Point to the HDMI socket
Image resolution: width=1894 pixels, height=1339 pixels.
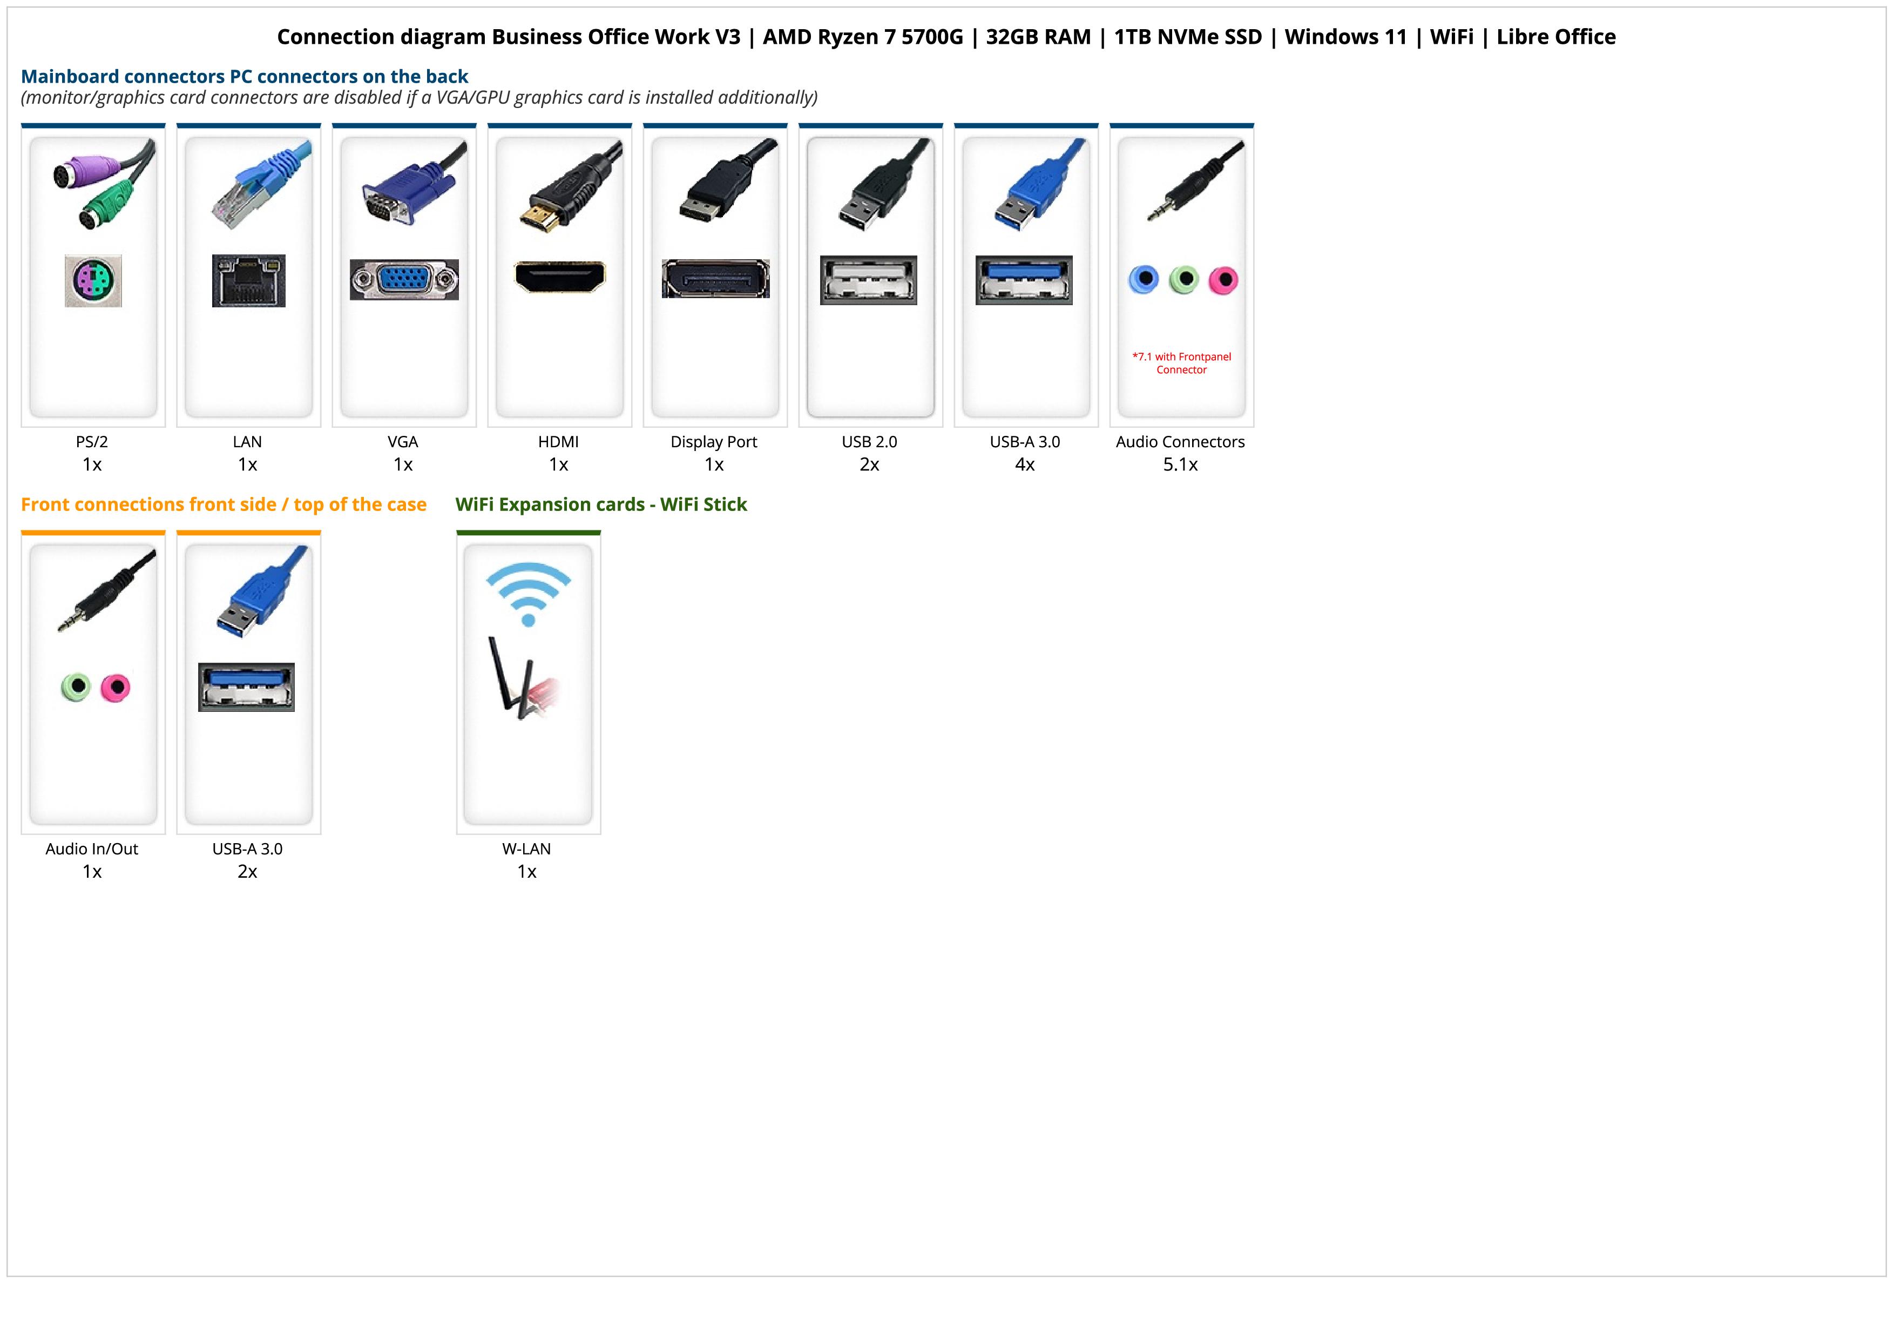click(x=559, y=277)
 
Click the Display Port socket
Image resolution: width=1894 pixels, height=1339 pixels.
click(x=715, y=279)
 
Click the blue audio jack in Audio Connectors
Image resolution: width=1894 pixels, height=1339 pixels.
click(x=1144, y=280)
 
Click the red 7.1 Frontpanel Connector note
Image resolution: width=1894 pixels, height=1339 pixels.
click(x=1181, y=363)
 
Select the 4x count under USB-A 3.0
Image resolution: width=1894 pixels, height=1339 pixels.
click(x=1025, y=465)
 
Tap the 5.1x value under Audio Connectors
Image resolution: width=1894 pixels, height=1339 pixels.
click(x=1180, y=465)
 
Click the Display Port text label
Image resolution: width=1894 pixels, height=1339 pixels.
click(x=714, y=441)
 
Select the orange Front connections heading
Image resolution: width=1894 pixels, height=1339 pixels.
click(x=224, y=504)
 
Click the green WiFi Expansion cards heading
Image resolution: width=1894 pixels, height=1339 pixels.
click(x=600, y=504)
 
